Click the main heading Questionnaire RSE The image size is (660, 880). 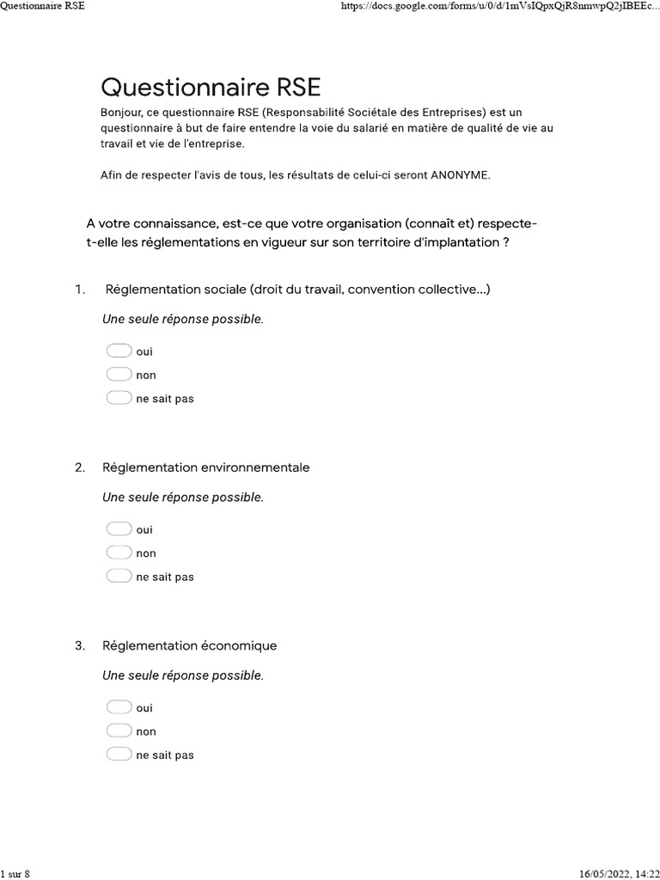click(x=211, y=87)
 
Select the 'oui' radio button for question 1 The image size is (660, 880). click(x=119, y=351)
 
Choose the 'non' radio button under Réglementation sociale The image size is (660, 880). click(x=119, y=375)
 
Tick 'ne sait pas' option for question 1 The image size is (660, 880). click(x=119, y=398)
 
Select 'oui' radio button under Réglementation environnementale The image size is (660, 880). click(x=119, y=529)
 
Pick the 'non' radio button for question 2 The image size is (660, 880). click(x=119, y=553)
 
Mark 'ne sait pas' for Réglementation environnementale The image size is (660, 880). click(x=119, y=577)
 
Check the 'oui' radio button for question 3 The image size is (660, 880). click(x=119, y=707)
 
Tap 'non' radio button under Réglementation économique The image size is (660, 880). click(x=119, y=731)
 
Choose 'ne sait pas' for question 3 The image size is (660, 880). click(x=119, y=755)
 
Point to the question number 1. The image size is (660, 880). click(x=80, y=290)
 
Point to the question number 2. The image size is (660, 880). click(x=80, y=467)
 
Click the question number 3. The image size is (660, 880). click(x=80, y=645)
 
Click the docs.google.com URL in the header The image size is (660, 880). click(x=499, y=6)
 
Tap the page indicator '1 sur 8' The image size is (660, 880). click(x=15, y=873)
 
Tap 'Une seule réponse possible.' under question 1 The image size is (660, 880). click(x=182, y=319)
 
